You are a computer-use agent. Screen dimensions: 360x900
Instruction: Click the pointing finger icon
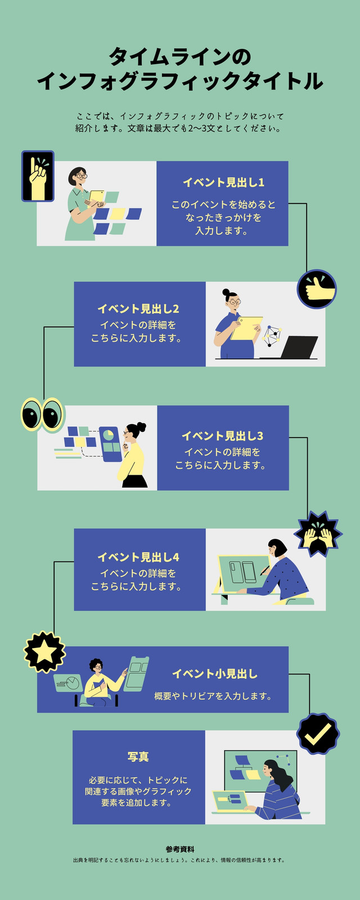click(x=38, y=176)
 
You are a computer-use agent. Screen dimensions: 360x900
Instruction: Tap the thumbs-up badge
click(x=317, y=289)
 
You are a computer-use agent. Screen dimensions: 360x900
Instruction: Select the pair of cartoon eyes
click(x=42, y=414)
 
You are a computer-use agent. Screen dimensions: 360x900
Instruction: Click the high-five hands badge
click(x=318, y=534)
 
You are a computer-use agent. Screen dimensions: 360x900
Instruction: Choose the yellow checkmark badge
click(x=318, y=733)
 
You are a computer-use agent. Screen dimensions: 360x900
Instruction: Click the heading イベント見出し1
click(x=223, y=182)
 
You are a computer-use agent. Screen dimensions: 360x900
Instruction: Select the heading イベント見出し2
click(x=138, y=309)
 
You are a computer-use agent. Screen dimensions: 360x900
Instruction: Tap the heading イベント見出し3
click(x=223, y=435)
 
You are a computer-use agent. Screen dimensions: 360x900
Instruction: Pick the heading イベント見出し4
click(x=138, y=557)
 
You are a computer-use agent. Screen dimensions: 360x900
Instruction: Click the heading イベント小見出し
click(x=215, y=674)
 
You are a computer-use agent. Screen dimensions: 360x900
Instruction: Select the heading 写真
click(x=138, y=757)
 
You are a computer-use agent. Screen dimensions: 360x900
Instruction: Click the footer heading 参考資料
click(x=180, y=849)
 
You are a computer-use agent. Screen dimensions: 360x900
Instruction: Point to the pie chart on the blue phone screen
click(x=109, y=435)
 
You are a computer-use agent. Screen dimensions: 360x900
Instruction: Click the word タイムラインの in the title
click(x=180, y=57)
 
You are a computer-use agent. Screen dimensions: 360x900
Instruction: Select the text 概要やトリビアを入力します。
click(x=213, y=696)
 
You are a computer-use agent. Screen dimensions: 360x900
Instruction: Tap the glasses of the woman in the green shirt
click(x=81, y=175)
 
